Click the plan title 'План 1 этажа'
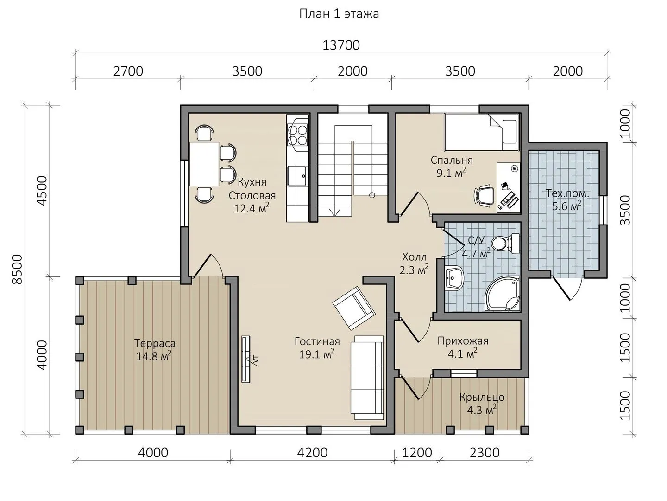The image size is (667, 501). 339,14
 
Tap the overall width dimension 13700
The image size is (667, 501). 341,45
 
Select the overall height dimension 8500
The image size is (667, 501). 17,269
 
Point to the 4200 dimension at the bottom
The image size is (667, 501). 312,453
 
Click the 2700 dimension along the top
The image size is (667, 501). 128,71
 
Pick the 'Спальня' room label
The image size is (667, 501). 452,160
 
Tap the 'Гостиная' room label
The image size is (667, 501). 317,341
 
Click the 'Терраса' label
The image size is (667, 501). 155,343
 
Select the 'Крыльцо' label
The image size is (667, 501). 482,397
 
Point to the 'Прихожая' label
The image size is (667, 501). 463,341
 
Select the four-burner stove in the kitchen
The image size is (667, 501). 297,135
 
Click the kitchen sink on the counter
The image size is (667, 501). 297,176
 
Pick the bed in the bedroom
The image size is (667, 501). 481,132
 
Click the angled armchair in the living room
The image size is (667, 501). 354,308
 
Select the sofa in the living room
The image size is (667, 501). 367,378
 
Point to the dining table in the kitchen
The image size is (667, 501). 204,164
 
